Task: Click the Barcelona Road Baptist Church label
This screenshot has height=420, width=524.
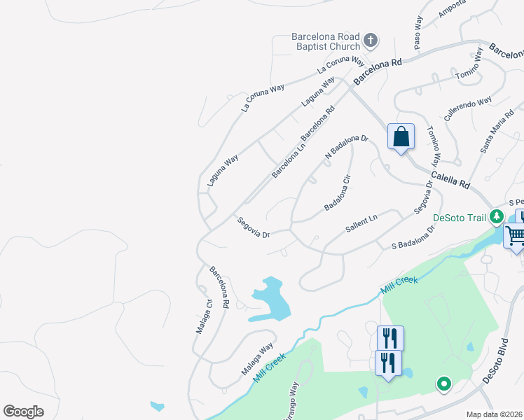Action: pos(326,42)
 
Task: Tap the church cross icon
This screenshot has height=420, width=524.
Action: pos(371,41)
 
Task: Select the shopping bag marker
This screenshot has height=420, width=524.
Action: pos(401,136)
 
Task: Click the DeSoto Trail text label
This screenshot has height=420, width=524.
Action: pos(460,217)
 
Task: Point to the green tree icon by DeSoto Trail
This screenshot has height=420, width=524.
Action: pos(497,217)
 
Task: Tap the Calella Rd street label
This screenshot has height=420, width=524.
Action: pos(450,180)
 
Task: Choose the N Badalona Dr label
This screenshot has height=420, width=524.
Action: pos(345,146)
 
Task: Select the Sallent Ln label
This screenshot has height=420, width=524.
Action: pos(361,224)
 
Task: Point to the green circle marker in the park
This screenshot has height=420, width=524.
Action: pos(443,383)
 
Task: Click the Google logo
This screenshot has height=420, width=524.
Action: pos(23,412)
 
